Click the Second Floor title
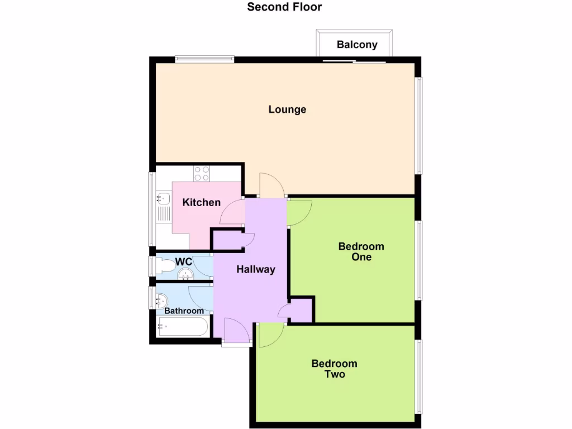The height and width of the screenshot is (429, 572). (x=285, y=7)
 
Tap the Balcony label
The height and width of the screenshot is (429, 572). (x=357, y=45)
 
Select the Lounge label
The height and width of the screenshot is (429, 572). (x=287, y=109)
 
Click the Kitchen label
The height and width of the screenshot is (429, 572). (x=202, y=202)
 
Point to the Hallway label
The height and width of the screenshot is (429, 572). (x=256, y=269)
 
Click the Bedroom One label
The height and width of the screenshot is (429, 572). (x=361, y=252)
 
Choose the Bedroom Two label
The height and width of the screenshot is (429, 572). (x=334, y=369)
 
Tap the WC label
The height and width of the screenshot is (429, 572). (x=184, y=261)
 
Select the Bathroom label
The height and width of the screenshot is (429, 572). (x=184, y=311)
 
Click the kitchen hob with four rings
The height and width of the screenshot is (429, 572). (x=202, y=174)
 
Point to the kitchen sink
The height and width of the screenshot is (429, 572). (x=163, y=198)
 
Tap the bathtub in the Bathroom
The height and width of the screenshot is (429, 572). (x=183, y=326)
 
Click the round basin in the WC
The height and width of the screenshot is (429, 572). (x=185, y=274)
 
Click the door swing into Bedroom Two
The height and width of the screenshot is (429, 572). (x=270, y=334)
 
